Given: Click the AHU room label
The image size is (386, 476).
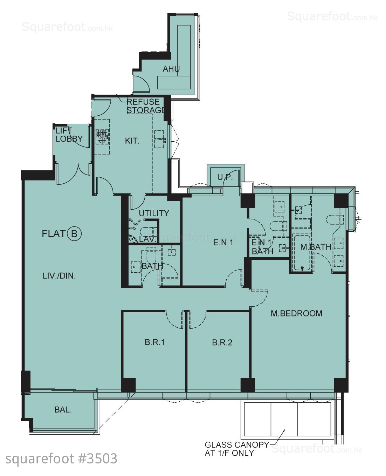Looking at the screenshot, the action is [x=171, y=69].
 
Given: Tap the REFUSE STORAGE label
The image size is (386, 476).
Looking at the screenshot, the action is [x=146, y=106].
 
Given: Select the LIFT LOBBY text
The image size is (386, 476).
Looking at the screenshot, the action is [x=69, y=135].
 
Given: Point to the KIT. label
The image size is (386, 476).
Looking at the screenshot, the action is [x=132, y=141].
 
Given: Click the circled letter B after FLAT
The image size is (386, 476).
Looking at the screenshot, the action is [x=74, y=234].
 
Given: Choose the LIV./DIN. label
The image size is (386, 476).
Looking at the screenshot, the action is [x=59, y=276].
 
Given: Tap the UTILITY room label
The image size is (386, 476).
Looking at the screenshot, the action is [x=154, y=213].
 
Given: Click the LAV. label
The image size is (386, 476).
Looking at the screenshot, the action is [x=147, y=239].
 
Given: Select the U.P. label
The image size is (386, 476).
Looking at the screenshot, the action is [x=225, y=177].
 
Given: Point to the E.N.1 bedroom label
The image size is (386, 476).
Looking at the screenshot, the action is [x=223, y=243].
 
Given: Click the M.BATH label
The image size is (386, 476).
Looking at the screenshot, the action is [x=316, y=247].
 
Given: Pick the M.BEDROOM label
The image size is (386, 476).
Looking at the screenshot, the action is [x=296, y=313].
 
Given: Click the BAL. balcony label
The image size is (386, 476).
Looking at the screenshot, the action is [x=63, y=410].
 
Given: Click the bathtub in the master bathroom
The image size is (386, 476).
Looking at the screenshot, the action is [x=303, y=253].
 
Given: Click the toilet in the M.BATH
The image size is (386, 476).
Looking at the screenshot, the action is [x=335, y=219].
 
